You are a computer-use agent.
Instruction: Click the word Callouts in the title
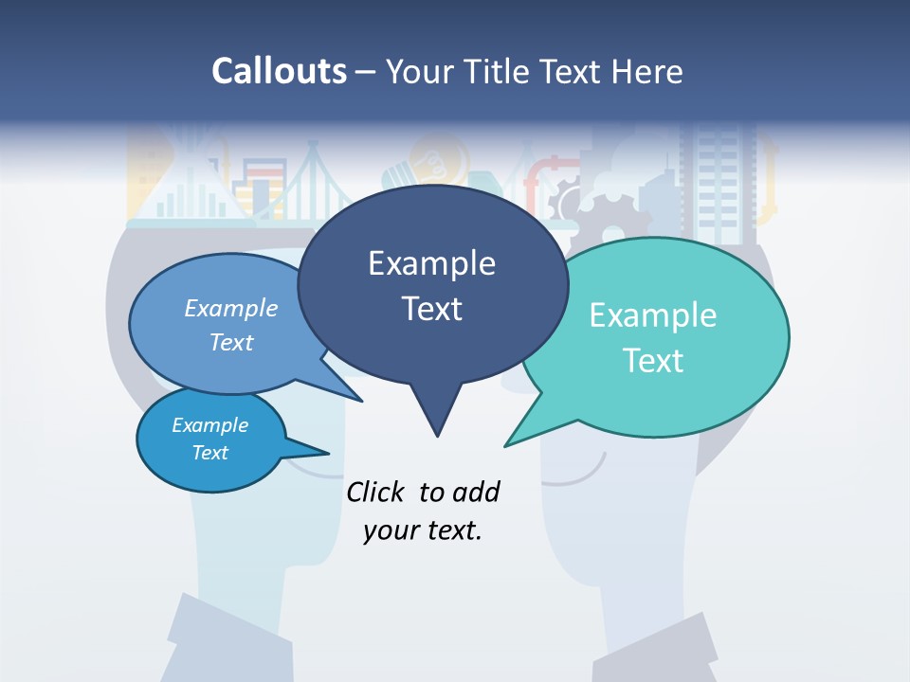(x=279, y=71)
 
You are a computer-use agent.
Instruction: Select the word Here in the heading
(x=646, y=71)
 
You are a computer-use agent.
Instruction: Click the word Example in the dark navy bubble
(x=431, y=263)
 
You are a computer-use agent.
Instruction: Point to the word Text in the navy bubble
(x=431, y=308)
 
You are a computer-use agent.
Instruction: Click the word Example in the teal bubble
(x=653, y=315)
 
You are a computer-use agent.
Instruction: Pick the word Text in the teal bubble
(x=653, y=360)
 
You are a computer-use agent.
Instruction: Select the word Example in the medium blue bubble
(x=231, y=308)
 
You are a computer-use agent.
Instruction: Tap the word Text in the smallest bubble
(x=209, y=453)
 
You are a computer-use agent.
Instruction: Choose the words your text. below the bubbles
(x=423, y=530)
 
